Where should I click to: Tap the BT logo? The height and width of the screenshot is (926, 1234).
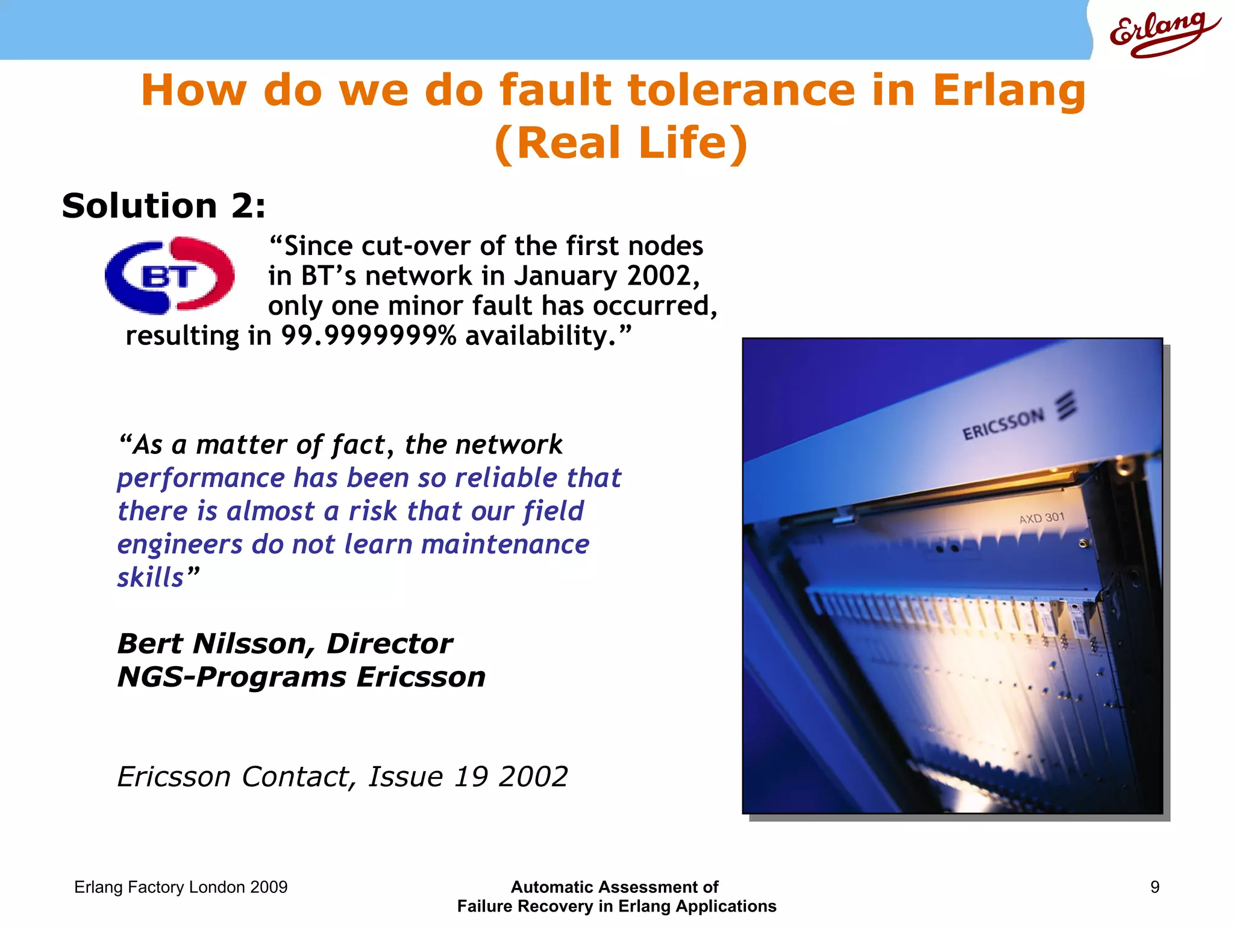(x=169, y=276)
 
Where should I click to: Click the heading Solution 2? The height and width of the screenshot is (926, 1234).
(x=163, y=206)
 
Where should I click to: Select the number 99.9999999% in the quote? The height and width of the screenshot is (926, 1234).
(x=369, y=336)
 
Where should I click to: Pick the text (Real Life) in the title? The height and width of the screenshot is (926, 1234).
(x=621, y=143)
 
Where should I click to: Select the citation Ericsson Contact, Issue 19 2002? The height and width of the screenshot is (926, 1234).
(x=342, y=776)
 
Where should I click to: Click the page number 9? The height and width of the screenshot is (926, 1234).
(x=1154, y=887)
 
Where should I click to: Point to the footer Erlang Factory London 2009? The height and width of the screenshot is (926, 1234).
(x=181, y=887)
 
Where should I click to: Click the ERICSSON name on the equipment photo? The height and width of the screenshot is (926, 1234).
(x=1003, y=424)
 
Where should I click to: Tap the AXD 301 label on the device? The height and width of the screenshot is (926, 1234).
(x=1042, y=518)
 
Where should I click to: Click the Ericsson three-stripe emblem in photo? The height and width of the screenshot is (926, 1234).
(x=1066, y=406)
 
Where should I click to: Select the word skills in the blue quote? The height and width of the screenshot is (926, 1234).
(x=151, y=578)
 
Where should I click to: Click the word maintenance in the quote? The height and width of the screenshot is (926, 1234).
(x=505, y=544)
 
